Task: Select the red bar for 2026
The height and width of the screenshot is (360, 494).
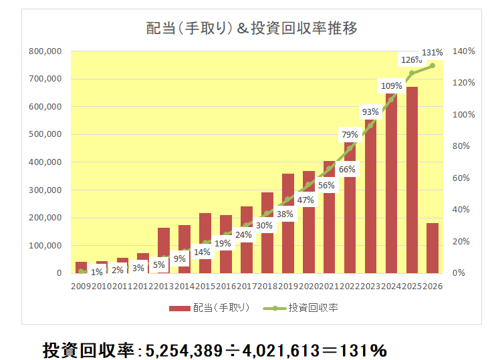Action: coord(433,248)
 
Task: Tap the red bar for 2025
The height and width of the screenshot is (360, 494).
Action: coord(412,180)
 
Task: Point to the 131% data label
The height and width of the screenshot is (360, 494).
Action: coord(433,52)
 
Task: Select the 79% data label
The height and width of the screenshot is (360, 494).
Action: coord(350,134)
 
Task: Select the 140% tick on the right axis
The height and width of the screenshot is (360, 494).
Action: coord(463,51)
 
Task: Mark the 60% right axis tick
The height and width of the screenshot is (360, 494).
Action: coord(463,178)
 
